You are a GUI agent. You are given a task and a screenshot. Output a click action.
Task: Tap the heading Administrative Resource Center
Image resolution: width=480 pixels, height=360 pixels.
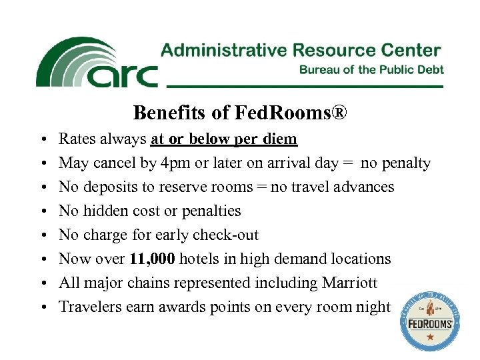coord(301,51)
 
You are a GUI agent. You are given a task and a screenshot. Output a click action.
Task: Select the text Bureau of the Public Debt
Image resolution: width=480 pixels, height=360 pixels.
coord(371,69)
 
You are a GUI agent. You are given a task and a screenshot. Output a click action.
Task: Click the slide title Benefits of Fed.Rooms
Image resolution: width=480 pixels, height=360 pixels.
coord(240,113)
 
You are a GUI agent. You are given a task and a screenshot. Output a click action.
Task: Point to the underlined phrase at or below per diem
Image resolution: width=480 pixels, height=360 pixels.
coord(224,139)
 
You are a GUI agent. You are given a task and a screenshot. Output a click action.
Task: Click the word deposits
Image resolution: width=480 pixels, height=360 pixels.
coord(109,187)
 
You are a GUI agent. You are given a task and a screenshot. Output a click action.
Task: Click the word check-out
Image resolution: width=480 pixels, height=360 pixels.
coord(229,235)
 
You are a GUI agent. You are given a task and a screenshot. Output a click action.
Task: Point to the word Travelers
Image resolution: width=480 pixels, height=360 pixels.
coord(87,307)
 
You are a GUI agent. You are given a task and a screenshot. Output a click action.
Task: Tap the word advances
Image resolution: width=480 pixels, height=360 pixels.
coord(365,187)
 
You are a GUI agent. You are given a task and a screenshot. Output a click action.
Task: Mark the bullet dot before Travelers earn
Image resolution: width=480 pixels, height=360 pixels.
coord(42,308)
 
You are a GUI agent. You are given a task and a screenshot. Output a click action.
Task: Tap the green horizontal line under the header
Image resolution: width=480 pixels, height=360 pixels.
coord(304,87)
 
